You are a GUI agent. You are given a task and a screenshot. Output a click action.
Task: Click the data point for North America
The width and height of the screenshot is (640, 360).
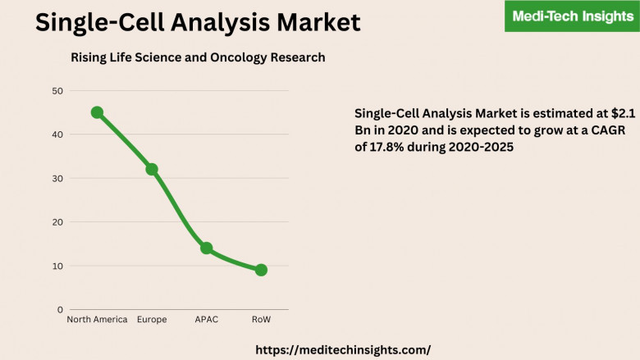[x=97, y=112]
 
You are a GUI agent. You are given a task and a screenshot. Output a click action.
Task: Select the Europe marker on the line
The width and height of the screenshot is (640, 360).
[x=152, y=169]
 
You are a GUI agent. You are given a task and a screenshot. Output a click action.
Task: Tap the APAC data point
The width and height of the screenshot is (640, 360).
[x=206, y=248]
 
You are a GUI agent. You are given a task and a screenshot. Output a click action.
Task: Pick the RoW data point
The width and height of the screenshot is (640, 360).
[x=261, y=270]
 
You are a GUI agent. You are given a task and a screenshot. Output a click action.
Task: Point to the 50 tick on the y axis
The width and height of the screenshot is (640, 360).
[x=57, y=90]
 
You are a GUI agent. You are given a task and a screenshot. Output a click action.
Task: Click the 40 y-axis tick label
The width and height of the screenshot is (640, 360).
[x=57, y=134]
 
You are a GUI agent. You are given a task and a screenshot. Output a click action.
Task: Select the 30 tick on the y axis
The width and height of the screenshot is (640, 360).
[x=57, y=178]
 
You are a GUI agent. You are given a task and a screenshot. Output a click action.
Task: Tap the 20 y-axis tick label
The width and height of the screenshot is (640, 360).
[x=57, y=222]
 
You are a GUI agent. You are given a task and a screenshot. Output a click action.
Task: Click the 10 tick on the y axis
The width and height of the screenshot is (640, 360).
[x=57, y=266]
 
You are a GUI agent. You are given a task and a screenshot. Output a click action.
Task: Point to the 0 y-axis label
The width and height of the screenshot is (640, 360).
[x=60, y=310]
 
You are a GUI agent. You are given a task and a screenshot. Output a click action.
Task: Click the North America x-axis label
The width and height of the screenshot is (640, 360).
[x=97, y=320]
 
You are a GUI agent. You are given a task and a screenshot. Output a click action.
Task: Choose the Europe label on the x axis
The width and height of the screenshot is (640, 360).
[x=152, y=320]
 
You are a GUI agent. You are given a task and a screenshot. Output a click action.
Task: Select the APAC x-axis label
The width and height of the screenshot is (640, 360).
[x=206, y=320]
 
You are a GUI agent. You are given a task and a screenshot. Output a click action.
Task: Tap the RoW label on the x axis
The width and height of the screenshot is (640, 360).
[x=261, y=320]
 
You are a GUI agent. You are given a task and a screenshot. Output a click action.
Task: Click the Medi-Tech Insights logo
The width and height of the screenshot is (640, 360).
[x=572, y=16]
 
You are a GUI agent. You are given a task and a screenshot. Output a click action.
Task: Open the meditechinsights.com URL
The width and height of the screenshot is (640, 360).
[x=343, y=349]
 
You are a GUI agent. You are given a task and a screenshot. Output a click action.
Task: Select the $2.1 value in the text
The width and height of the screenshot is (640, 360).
[x=619, y=113]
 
